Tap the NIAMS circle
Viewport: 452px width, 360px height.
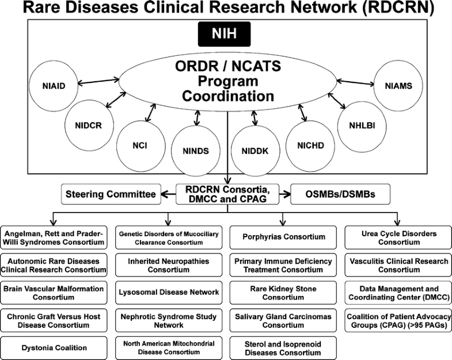pyautogui.click(x=398, y=85)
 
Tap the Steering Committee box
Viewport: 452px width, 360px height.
pyautogui.click(x=111, y=194)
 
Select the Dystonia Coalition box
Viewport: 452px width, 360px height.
pyautogui.click(x=54, y=348)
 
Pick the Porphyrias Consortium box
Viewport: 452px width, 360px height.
pyautogui.click(x=283, y=236)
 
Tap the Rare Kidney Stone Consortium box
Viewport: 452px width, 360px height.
pyautogui.click(x=283, y=293)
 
